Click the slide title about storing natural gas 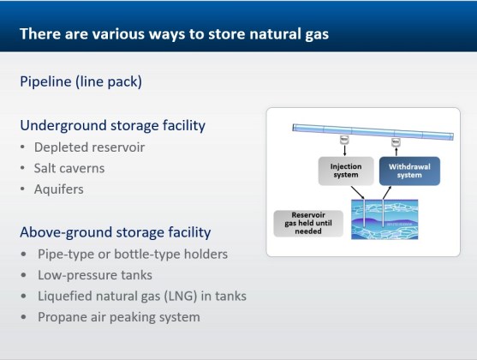point(174,34)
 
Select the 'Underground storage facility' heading point(113,125)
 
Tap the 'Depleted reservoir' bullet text point(89,147)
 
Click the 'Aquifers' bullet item point(59,189)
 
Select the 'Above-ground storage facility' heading point(116,232)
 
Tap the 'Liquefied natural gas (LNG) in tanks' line point(141,296)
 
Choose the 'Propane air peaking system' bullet point(118,317)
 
